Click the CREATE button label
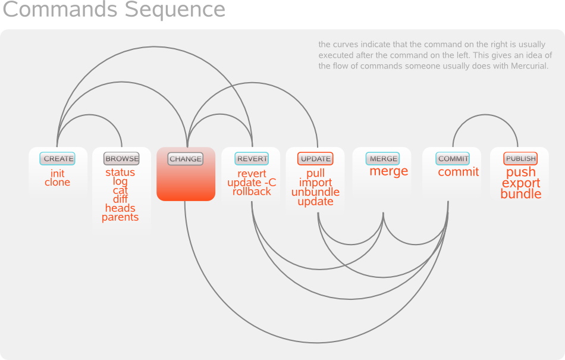[58, 159]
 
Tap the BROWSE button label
[121, 159]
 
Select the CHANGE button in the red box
[186, 159]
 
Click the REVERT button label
[252, 159]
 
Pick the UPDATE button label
[315, 159]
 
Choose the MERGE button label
[383, 159]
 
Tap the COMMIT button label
[453, 159]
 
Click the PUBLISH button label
[520, 159]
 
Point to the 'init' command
[58, 173]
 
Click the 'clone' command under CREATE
[58, 183]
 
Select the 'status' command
[120, 173]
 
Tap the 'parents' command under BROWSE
[120, 217]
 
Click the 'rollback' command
[252, 192]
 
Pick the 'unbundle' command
[315, 192]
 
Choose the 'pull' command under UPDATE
[315, 174]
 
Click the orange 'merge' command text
[389, 171]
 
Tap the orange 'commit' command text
[459, 172]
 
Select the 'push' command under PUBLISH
[521, 173]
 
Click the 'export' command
[521, 183]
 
